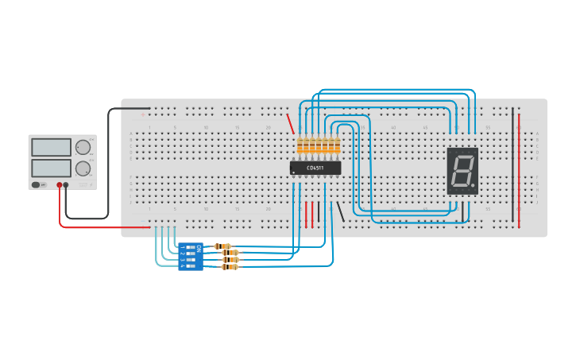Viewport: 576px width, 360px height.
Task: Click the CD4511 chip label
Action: [316, 168]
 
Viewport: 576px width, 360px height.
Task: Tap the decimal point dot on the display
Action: [474, 188]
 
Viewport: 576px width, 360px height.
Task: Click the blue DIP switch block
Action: [191, 256]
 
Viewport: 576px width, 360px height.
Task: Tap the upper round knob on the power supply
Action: [83, 147]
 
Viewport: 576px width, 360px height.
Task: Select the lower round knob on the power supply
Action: [83, 168]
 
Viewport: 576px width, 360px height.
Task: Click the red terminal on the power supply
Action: [59, 185]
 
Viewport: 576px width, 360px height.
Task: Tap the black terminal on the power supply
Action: [66, 185]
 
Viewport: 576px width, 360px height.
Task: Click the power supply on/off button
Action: [36, 185]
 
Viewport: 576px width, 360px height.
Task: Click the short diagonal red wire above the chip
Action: [291, 124]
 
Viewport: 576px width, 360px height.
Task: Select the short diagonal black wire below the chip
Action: [341, 211]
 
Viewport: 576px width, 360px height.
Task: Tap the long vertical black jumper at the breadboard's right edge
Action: [513, 159]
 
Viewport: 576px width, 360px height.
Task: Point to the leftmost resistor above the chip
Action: [300, 145]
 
